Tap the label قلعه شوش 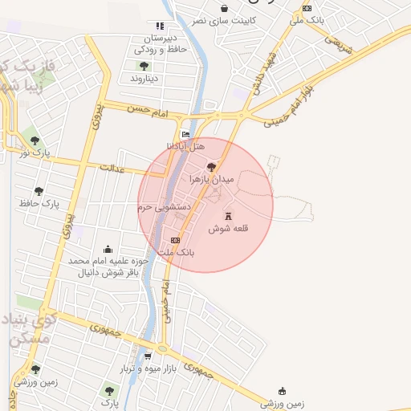click(229, 229)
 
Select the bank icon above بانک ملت click(176, 240)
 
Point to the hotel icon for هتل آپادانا click(186, 134)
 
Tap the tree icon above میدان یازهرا click(211, 167)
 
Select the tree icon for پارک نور click(35, 139)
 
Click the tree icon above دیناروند click(144, 66)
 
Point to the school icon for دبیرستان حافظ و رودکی click(159, 26)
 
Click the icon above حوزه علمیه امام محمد click(108, 249)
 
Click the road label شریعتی click(338, 45)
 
